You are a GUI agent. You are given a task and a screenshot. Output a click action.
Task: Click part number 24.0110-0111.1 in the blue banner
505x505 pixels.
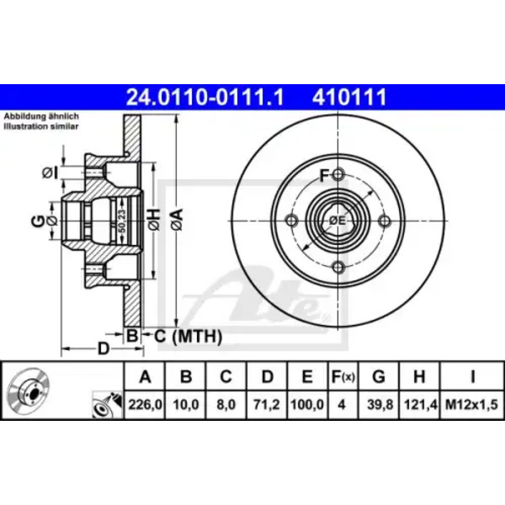[x=205, y=97]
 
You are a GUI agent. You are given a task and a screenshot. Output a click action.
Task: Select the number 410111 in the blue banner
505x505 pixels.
[x=348, y=97]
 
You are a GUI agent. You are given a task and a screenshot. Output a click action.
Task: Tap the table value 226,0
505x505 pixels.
[x=146, y=404]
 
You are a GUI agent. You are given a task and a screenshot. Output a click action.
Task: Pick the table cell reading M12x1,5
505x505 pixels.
[x=471, y=404]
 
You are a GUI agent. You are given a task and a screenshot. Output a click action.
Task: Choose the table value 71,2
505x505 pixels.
[x=267, y=404]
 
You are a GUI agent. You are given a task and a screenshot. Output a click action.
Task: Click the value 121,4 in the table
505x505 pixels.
[x=420, y=404]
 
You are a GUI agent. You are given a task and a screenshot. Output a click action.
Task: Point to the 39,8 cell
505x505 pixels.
[x=380, y=404]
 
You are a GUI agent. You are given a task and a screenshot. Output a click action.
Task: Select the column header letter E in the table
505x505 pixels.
[x=307, y=376]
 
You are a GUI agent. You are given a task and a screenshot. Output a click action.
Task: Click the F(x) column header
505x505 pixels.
[x=343, y=376]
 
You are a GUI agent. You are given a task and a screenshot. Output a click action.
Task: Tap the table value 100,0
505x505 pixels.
[x=307, y=404]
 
